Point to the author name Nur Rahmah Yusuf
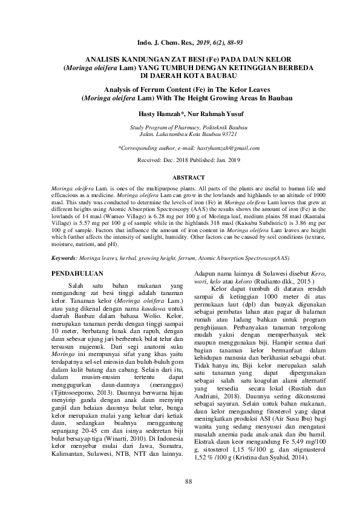click(211, 113)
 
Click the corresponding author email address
click(226, 148)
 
